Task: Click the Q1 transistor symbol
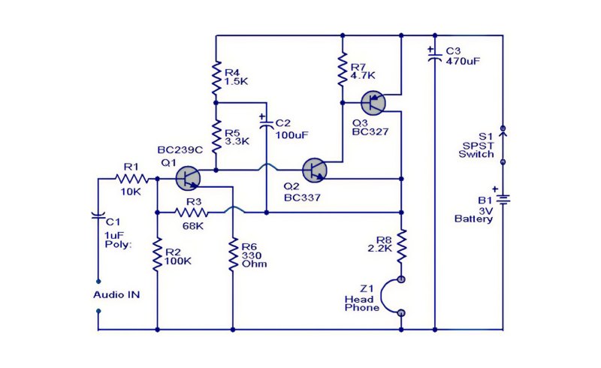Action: coord(188,178)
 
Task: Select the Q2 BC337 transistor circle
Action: coord(314,170)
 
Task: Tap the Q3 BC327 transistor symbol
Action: coord(373,103)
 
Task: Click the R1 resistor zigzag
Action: coord(131,179)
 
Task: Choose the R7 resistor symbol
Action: coord(343,69)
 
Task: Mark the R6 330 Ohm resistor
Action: coord(233,254)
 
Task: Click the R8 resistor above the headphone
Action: coord(401,246)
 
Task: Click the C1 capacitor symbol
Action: coord(98,215)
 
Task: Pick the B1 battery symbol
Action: coord(503,198)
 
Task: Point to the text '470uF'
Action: coord(463,61)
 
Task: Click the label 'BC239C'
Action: coord(180,150)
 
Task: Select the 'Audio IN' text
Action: coord(116,295)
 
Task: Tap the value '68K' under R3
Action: coord(193,226)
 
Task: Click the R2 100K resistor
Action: coord(157,254)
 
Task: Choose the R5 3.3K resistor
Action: coord(216,136)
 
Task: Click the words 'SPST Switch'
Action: coord(476,150)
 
